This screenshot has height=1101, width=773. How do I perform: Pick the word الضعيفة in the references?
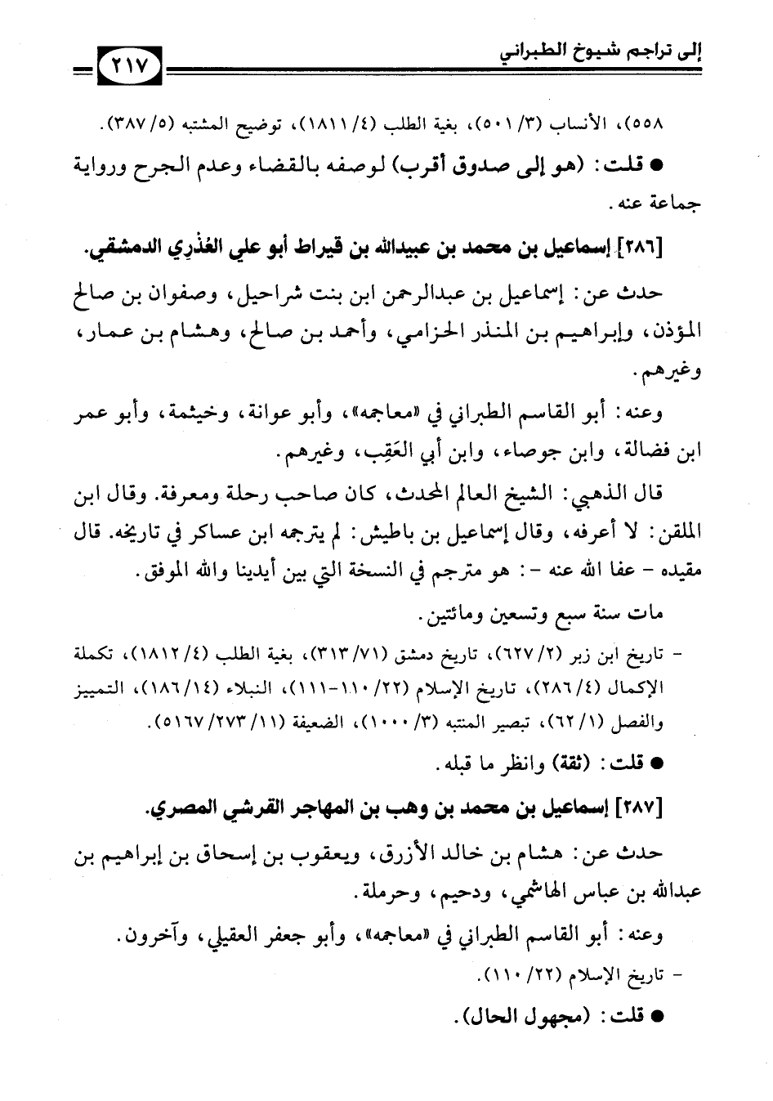[x=283, y=723]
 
